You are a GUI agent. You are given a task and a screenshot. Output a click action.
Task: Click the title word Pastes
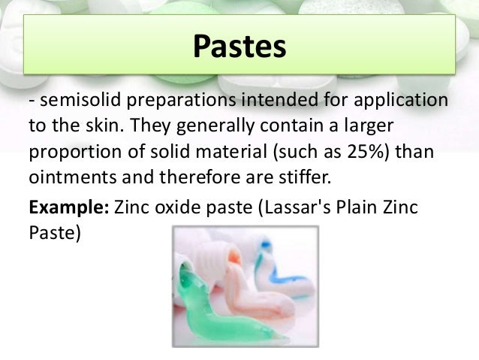pos(239,47)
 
